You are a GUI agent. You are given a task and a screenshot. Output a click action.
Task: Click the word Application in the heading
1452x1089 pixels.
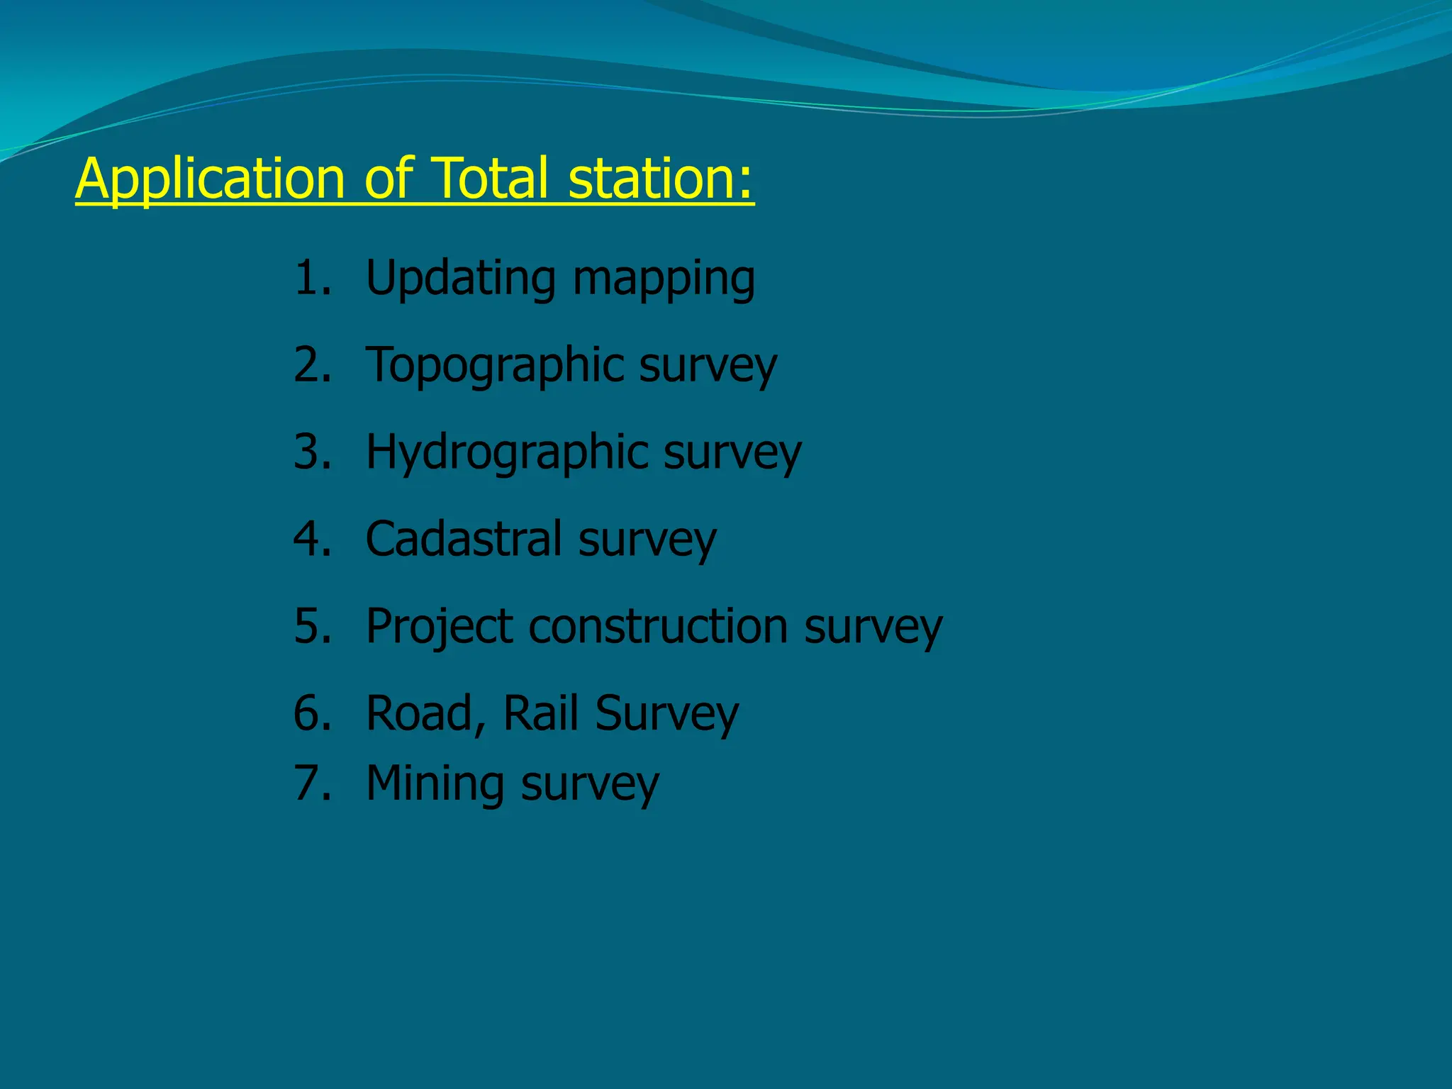[210, 179]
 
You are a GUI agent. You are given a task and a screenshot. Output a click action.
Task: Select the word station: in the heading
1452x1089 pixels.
[661, 179]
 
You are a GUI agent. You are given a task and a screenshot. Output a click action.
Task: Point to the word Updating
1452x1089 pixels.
[460, 279]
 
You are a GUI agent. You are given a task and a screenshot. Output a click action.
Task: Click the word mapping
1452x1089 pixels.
[664, 280]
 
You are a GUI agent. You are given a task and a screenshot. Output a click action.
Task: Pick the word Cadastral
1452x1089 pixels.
[464, 539]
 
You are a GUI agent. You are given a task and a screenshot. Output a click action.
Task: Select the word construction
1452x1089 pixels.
[658, 626]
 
